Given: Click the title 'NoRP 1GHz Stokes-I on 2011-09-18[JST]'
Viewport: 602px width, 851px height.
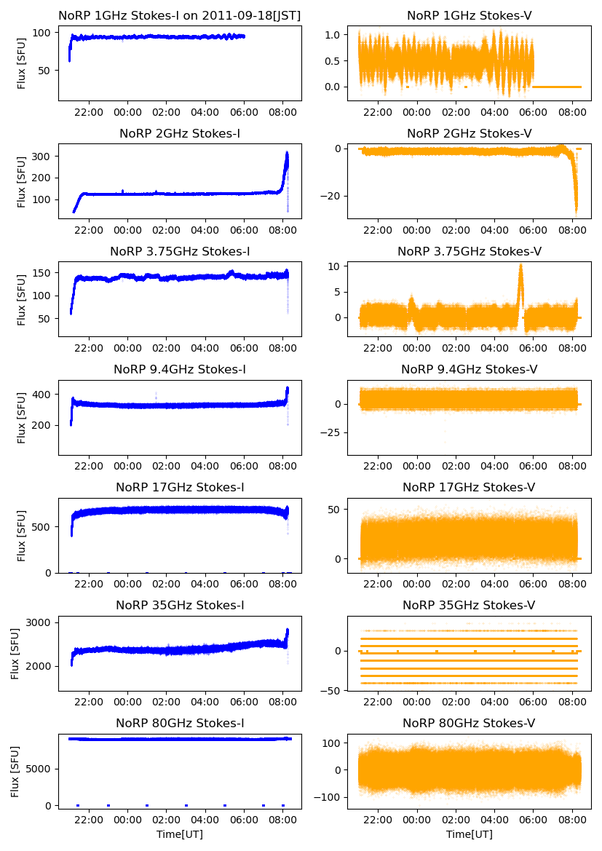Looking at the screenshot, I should tap(180, 15).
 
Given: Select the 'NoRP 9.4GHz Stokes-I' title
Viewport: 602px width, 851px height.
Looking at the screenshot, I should tap(180, 370).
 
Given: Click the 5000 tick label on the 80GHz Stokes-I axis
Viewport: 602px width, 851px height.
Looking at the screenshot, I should tap(39, 769).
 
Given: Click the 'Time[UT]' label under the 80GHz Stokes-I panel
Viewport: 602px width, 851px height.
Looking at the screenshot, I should tap(180, 834).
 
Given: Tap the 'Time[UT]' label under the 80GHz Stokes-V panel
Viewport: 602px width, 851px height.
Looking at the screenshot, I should tap(469, 834).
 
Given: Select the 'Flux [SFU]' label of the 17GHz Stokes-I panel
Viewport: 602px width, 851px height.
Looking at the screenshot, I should tap(22, 536).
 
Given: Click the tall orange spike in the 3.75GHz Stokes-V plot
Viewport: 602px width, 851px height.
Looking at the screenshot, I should tap(520, 268).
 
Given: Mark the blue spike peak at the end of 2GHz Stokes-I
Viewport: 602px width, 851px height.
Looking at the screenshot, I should tap(287, 154).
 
